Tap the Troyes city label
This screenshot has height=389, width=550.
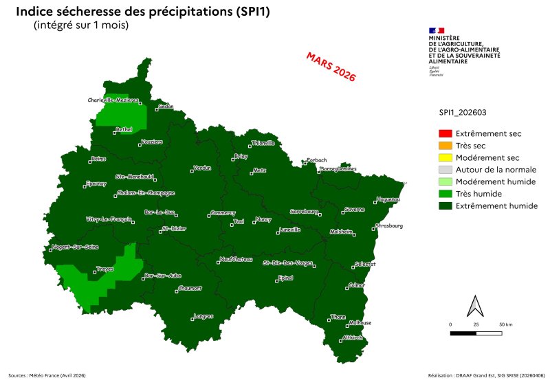(105, 269)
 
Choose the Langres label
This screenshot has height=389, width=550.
(203, 316)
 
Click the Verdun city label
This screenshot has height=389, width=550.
(202, 168)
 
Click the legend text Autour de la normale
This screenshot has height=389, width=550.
(496, 169)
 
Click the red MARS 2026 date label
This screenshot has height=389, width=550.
(331, 67)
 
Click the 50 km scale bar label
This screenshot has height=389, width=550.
(506, 324)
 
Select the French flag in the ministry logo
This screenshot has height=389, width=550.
(437, 30)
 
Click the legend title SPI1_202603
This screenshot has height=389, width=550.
(463, 111)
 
